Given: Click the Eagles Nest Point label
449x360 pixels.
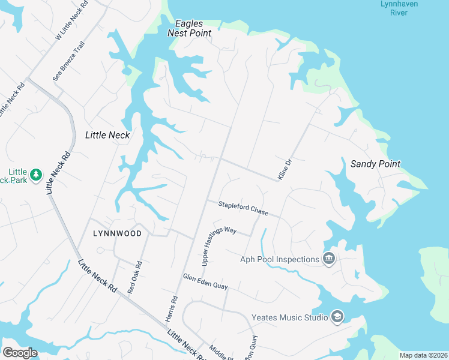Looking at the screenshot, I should coord(193,28).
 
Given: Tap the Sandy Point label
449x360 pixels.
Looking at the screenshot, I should coord(375,163).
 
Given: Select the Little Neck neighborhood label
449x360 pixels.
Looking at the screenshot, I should coord(107,135).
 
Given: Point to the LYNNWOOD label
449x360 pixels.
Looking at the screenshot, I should coord(118,233).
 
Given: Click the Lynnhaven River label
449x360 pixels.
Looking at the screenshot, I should coord(396,8).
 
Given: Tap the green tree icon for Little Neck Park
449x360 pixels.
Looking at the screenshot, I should coord(36,174).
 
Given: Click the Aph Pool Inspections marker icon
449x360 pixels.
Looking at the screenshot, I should coord(329,259).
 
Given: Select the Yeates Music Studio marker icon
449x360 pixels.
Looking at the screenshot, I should coord(337,317).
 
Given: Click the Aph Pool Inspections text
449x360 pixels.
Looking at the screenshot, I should coord(279,259).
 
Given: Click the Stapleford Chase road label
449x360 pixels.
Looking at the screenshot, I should coord(243,208).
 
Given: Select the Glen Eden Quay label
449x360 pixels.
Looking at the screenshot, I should coord(205,281).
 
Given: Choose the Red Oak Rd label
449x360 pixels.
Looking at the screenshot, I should coord(134,277).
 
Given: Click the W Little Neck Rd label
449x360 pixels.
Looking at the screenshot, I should coord(71,20).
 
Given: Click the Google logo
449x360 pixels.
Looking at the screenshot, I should coord(20,353).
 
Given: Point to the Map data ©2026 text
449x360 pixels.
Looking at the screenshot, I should coord(423,355).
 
